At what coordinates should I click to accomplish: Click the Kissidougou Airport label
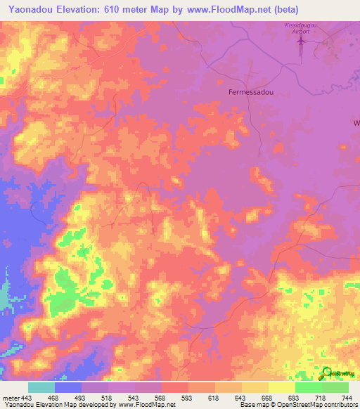302,28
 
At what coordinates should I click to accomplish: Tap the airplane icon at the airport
302,42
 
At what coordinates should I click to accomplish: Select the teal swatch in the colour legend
41,387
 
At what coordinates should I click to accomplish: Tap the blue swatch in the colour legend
68,387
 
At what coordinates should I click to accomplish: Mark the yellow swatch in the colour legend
282,387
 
